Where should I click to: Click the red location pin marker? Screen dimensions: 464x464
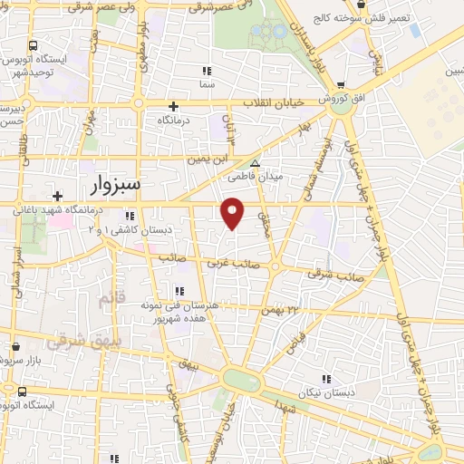point(233,212)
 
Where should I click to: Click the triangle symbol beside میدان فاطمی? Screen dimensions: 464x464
point(255,164)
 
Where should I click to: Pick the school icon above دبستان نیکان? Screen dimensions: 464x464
point(325,380)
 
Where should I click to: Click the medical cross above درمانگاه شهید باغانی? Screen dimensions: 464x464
point(57,195)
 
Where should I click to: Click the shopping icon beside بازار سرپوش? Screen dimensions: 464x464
point(15,345)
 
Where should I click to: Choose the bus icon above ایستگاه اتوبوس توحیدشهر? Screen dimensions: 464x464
point(34,44)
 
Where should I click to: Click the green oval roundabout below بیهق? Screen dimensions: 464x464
point(241,380)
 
